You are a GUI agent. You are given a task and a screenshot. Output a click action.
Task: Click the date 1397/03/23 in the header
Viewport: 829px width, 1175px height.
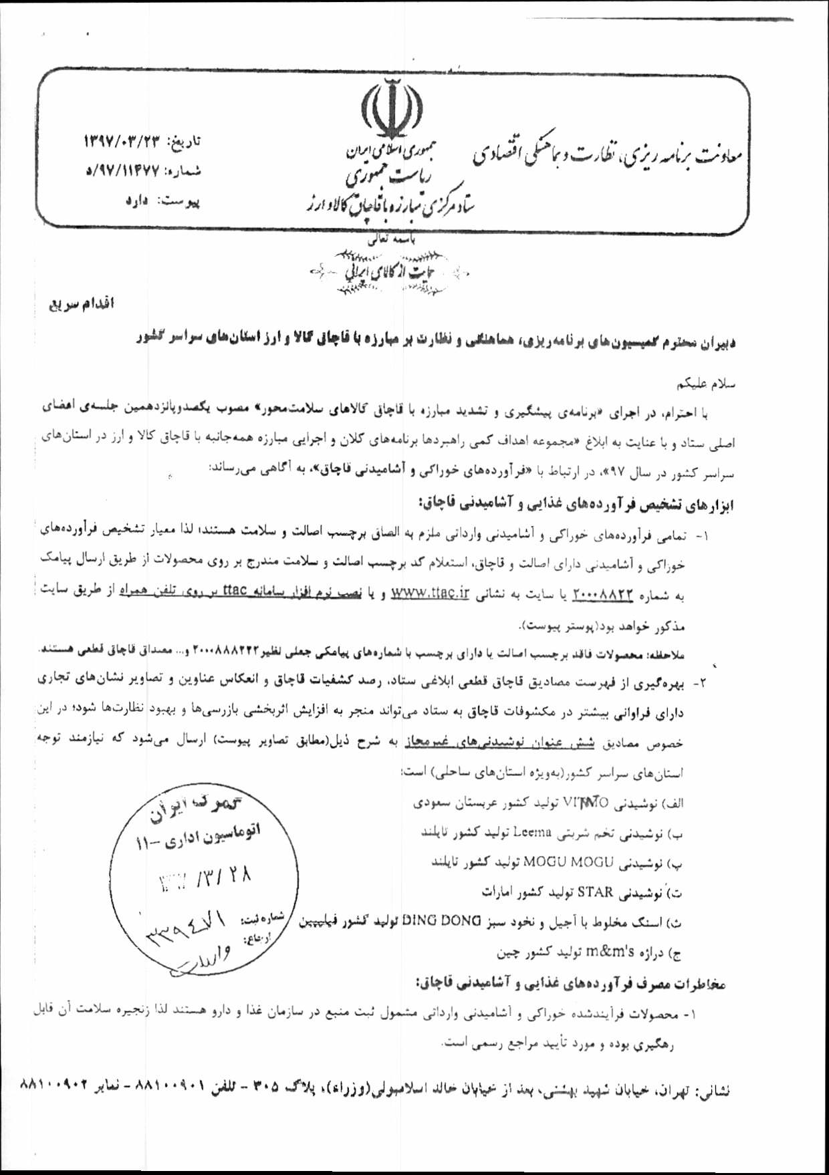click(x=124, y=141)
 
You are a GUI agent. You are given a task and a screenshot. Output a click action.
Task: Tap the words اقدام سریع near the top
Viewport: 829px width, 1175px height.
click(x=80, y=305)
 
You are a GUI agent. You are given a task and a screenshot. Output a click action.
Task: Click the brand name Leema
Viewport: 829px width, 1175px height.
click(x=532, y=833)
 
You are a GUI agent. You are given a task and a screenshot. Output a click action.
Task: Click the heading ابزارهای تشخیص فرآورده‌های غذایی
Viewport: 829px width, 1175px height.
click(x=577, y=501)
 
